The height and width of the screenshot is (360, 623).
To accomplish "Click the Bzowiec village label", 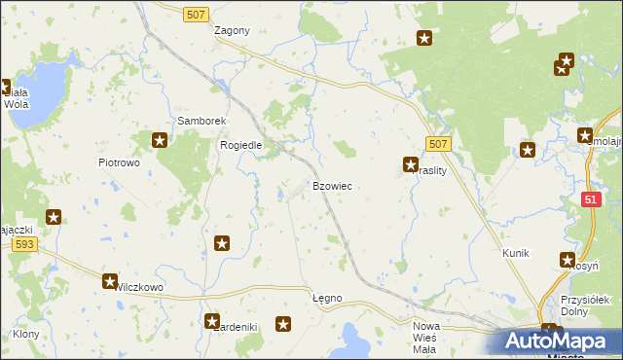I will (x=331, y=185).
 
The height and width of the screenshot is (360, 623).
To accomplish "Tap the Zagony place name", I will (x=232, y=30).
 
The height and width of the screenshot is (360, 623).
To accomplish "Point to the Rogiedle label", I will (x=240, y=145).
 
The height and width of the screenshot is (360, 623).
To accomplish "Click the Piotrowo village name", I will (x=120, y=163).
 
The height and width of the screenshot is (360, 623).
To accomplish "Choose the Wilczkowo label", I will (x=138, y=288).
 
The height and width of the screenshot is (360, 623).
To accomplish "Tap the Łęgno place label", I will (x=326, y=298).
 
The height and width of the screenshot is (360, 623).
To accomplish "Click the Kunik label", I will (x=515, y=253).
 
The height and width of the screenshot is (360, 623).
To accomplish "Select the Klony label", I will (x=26, y=334).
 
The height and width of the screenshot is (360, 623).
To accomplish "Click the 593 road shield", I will (x=25, y=245).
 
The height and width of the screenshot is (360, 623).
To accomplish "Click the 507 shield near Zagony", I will (x=196, y=11).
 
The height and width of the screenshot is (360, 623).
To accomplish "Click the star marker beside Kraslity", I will (x=411, y=165).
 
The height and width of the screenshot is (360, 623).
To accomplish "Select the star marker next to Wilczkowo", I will (x=110, y=280).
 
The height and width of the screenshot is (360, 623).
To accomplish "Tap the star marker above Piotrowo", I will (x=160, y=140).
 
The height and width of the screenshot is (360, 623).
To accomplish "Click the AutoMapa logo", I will (x=561, y=342).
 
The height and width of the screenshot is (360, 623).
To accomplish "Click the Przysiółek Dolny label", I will (x=584, y=307).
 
